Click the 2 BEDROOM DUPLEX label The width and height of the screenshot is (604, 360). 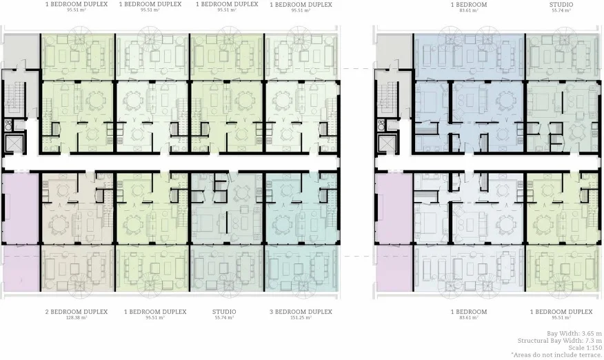coord(76,312)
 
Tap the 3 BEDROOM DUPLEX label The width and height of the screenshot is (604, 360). coord(301,312)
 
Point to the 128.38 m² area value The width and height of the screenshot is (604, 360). coord(76,318)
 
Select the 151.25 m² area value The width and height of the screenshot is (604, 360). coord(301,318)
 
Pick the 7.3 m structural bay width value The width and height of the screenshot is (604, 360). coord(591,340)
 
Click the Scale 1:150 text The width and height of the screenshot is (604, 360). coord(585,347)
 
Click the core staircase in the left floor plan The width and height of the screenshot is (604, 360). coord(14,97)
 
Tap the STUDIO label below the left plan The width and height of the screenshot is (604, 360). coord(224,312)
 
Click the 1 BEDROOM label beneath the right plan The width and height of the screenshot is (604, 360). coord(470,312)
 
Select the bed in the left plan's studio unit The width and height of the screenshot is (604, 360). coord(206,223)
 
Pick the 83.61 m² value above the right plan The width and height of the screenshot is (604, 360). coord(470,11)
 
